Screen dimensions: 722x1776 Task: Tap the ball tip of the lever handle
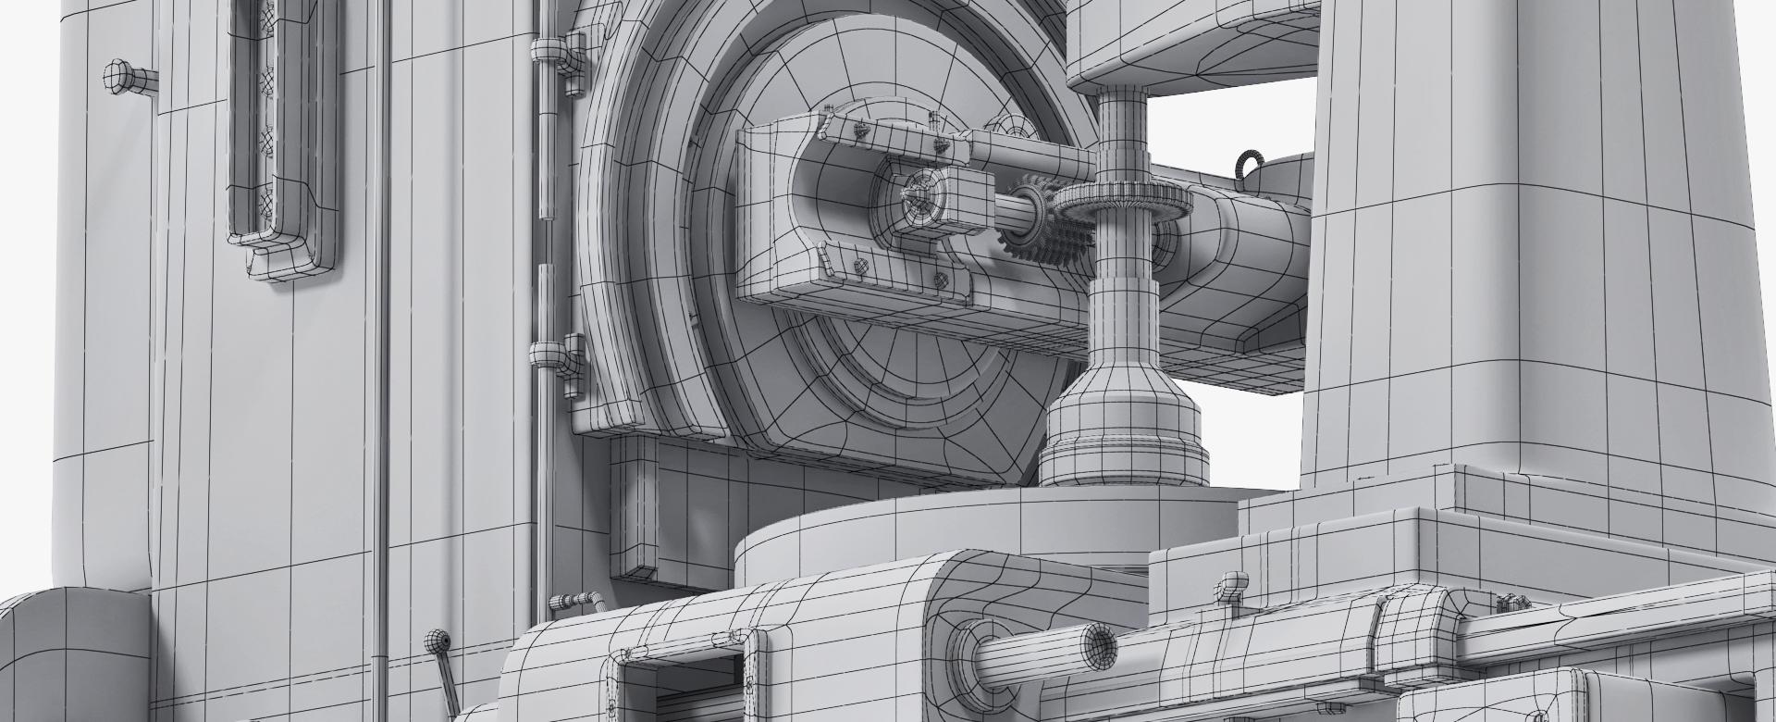[435, 640]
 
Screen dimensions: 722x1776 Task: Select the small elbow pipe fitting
[573, 602]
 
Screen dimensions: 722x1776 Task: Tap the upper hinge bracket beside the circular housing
[565, 65]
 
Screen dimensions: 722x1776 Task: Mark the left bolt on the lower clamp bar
[861, 266]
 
